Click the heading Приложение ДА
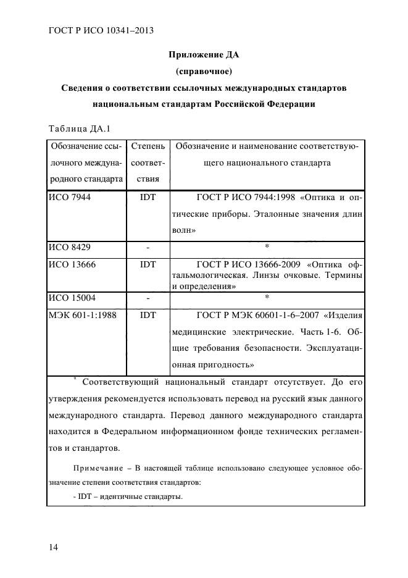pyautogui.click(x=204, y=55)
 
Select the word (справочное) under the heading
pyautogui.click(x=204, y=72)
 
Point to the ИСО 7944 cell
pyautogui.click(x=69, y=198)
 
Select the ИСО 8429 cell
pyautogui.click(x=69, y=247)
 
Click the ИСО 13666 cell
pyautogui.click(x=72, y=264)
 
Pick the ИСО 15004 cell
pyautogui.click(x=72, y=297)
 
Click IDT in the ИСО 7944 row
pyautogui.click(x=148, y=198)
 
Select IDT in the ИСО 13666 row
pyautogui.click(x=148, y=264)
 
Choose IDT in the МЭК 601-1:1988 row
pyautogui.click(x=148, y=314)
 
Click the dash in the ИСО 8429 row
pyautogui.click(x=148, y=247)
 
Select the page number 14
pyautogui.click(x=53, y=547)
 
